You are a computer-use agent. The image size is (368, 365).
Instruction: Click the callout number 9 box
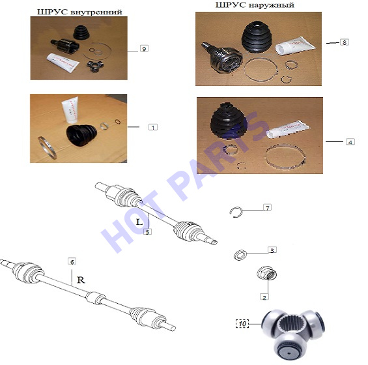[x=144, y=49]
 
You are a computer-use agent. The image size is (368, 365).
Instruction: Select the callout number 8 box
[x=345, y=42]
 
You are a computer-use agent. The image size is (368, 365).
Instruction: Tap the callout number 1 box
[x=153, y=127]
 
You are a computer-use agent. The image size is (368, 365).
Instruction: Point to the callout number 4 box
[x=350, y=142]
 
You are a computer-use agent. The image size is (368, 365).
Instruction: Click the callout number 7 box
[x=268, y=208]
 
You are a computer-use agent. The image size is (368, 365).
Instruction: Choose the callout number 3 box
[x=272, y=250]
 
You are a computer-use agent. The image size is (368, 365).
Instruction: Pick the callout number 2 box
[x=264, y=297]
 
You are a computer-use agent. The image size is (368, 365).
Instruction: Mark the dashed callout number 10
[x=242, y=324]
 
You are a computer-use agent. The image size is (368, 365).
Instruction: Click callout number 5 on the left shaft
[x=148, y=232]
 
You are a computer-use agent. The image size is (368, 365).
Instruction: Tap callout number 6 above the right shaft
[x=72, y=261]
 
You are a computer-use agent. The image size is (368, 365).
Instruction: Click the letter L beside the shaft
[x=139, y=222]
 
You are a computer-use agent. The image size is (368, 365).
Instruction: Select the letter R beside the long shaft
[x=81, y=280]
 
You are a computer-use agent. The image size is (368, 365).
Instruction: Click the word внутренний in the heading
[x=96, y=12]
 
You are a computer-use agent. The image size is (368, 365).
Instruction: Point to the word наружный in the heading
[x=272, y=5]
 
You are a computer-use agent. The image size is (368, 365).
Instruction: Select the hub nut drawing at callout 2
[x=266, y=273]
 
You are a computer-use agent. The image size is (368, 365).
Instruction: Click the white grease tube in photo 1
[x=70, y=110]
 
